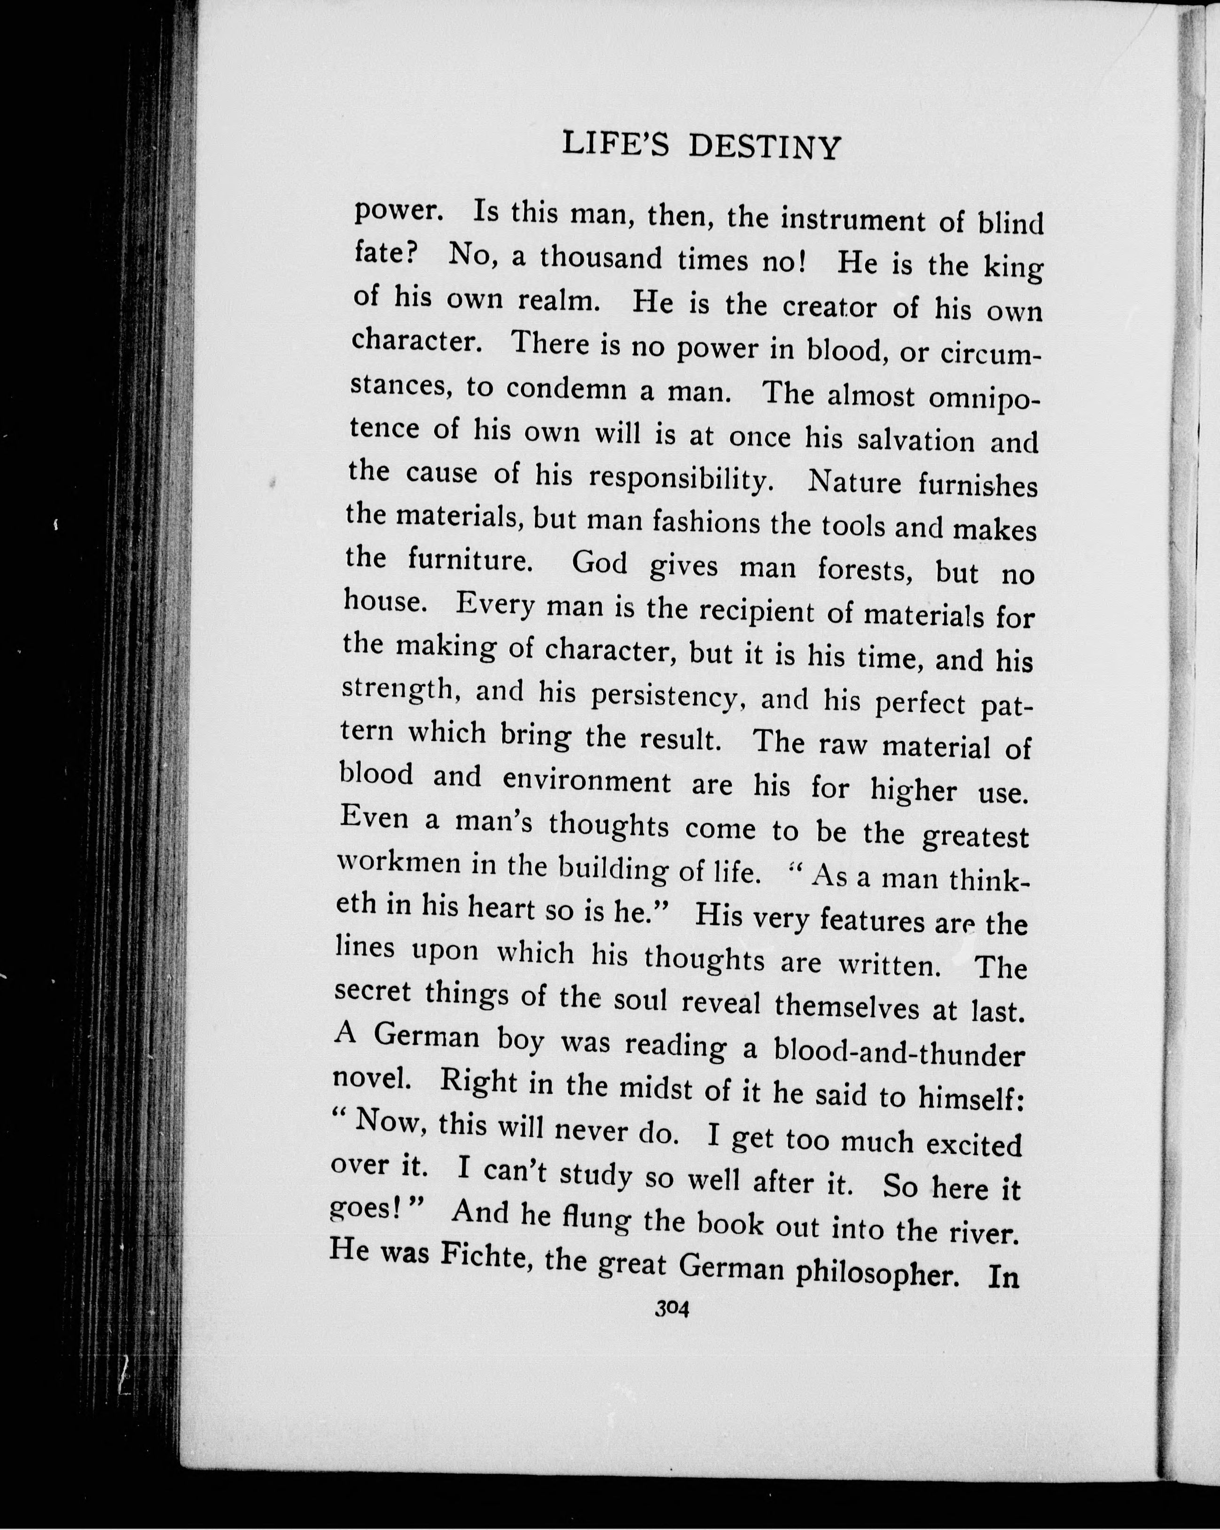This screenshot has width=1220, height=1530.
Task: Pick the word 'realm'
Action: pyautogui.click(x=559, y=301)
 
